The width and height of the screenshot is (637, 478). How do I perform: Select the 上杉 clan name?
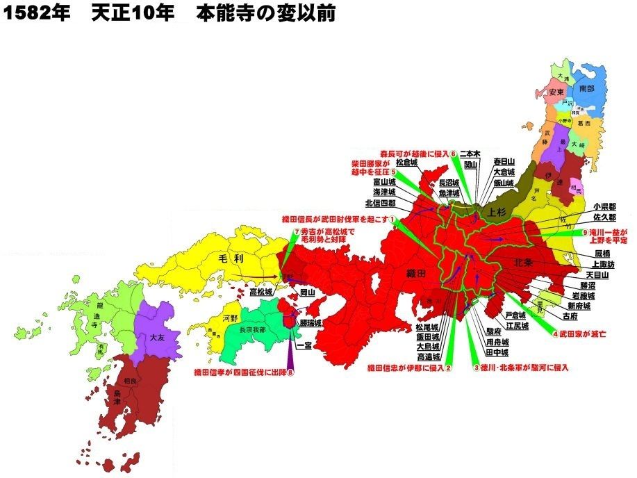[x=499, y=213]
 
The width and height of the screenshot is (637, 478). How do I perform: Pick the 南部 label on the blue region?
[x=587, y=89]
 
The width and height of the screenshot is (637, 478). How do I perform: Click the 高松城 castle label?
[x=261, y=293]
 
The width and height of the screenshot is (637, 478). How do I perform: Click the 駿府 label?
[x=494, y=332]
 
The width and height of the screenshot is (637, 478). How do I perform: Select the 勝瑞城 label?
[x=311, y=323]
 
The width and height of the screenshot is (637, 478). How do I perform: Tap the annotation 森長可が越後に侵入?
[x=413, y=154]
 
